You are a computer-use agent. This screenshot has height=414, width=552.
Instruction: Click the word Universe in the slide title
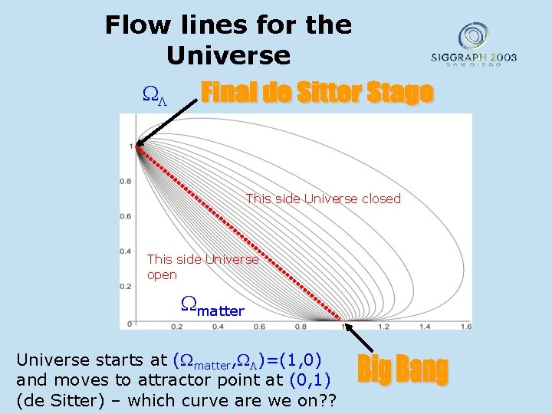pyautogui.click(x=228, y=56)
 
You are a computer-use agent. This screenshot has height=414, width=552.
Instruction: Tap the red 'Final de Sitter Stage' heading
pyautogui.click(x=317, y=93)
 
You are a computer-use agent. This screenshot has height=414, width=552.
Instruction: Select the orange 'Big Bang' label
pyautogui.click(x=402, y=370)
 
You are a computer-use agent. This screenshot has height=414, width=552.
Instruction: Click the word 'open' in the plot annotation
pyautogui.click(x=162, y=274)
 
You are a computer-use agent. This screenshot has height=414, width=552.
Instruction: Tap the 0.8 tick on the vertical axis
pyautogui.click(x=124, y=181)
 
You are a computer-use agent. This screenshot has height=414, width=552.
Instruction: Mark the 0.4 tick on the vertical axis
pyautogui.click(x=124, y=251)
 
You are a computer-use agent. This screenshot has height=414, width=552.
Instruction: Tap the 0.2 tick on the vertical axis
pyautogui.click(x=124, y=286)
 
